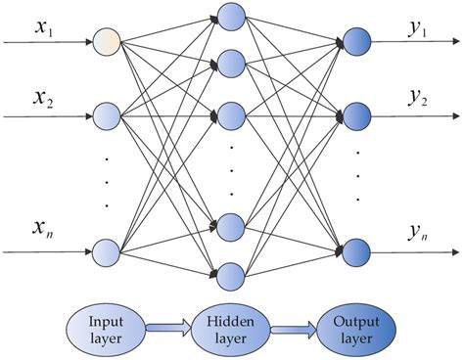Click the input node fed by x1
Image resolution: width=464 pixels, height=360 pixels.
pos(107,43)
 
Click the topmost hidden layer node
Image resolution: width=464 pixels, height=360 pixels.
pos(231,17)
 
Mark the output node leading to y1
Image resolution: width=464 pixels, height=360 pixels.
pos(353,42)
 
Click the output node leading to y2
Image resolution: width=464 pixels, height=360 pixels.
pos(353,114)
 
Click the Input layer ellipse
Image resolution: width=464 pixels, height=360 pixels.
pos(105,327)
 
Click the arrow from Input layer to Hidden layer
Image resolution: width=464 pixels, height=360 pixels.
pos(167,327)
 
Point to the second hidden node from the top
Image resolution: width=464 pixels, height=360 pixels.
pos(231,64)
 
